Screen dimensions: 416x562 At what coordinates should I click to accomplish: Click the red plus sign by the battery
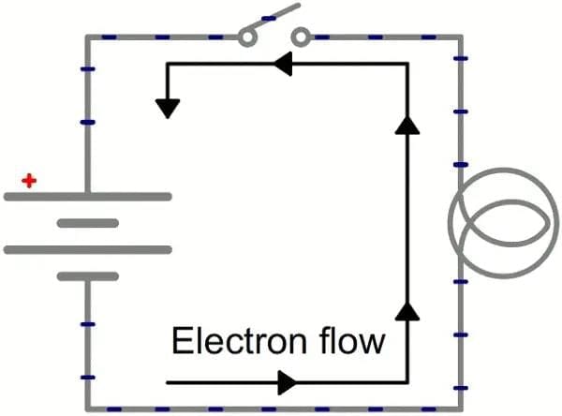[30, 180]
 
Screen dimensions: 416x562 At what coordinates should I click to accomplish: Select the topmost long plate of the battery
[88, 197]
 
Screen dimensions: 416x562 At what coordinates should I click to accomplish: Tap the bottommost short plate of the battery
[88, 276]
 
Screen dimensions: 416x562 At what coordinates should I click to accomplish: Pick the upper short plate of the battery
[88, 223]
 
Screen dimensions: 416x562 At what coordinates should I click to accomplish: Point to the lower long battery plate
[88, 249]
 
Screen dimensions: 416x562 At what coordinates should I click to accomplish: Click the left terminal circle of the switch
[248, 37]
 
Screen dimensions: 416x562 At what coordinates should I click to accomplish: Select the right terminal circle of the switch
[301, 37]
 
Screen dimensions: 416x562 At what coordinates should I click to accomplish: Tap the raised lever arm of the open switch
[275, 19]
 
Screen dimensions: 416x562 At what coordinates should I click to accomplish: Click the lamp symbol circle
[491, 221]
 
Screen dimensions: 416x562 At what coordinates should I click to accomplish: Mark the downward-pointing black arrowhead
[168, 107]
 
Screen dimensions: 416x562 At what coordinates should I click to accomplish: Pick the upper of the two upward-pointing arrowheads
[406, 126]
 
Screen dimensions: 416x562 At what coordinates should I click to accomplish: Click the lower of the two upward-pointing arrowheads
[406, 312]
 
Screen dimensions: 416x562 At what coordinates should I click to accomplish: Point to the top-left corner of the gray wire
[88, 38]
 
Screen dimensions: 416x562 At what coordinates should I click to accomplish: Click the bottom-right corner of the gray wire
[460, 409]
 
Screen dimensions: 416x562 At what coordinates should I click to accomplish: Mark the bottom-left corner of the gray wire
[88, 409]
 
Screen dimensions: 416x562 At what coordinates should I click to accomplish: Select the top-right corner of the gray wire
[460, 38]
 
